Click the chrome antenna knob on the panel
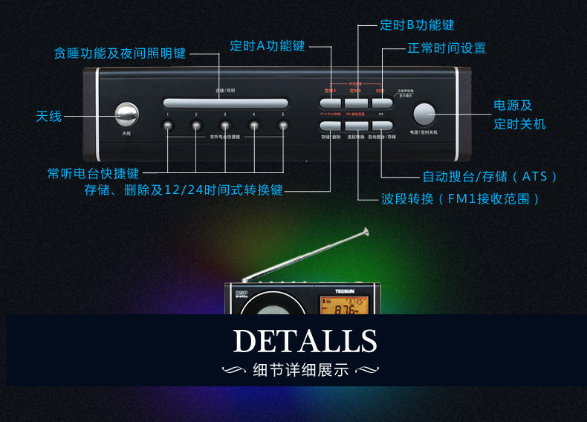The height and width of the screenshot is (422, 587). [x=126, y=114]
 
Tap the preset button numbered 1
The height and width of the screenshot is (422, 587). [x=169, y=125]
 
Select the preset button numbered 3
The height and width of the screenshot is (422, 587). [x=225, y=125]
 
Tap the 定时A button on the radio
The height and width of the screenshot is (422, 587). [x=330, y=103]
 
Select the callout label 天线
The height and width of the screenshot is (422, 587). [x=49, y=117]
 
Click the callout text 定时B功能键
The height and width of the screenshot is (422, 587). [x=417, y=25]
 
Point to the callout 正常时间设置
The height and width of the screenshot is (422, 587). [x=447, y=48]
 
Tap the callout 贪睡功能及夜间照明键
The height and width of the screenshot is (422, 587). [x=120, y=53]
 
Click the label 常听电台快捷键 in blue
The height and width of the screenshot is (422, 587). [x=93, y=173]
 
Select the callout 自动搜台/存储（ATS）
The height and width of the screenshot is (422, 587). [x=490, y=177]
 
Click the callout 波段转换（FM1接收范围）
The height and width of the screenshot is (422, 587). [x=461, y=199]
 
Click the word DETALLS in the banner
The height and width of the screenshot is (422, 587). [x=305, y=341]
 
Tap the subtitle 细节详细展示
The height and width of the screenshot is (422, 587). [x=300, y=370]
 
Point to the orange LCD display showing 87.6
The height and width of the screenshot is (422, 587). [x=341, y=305]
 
